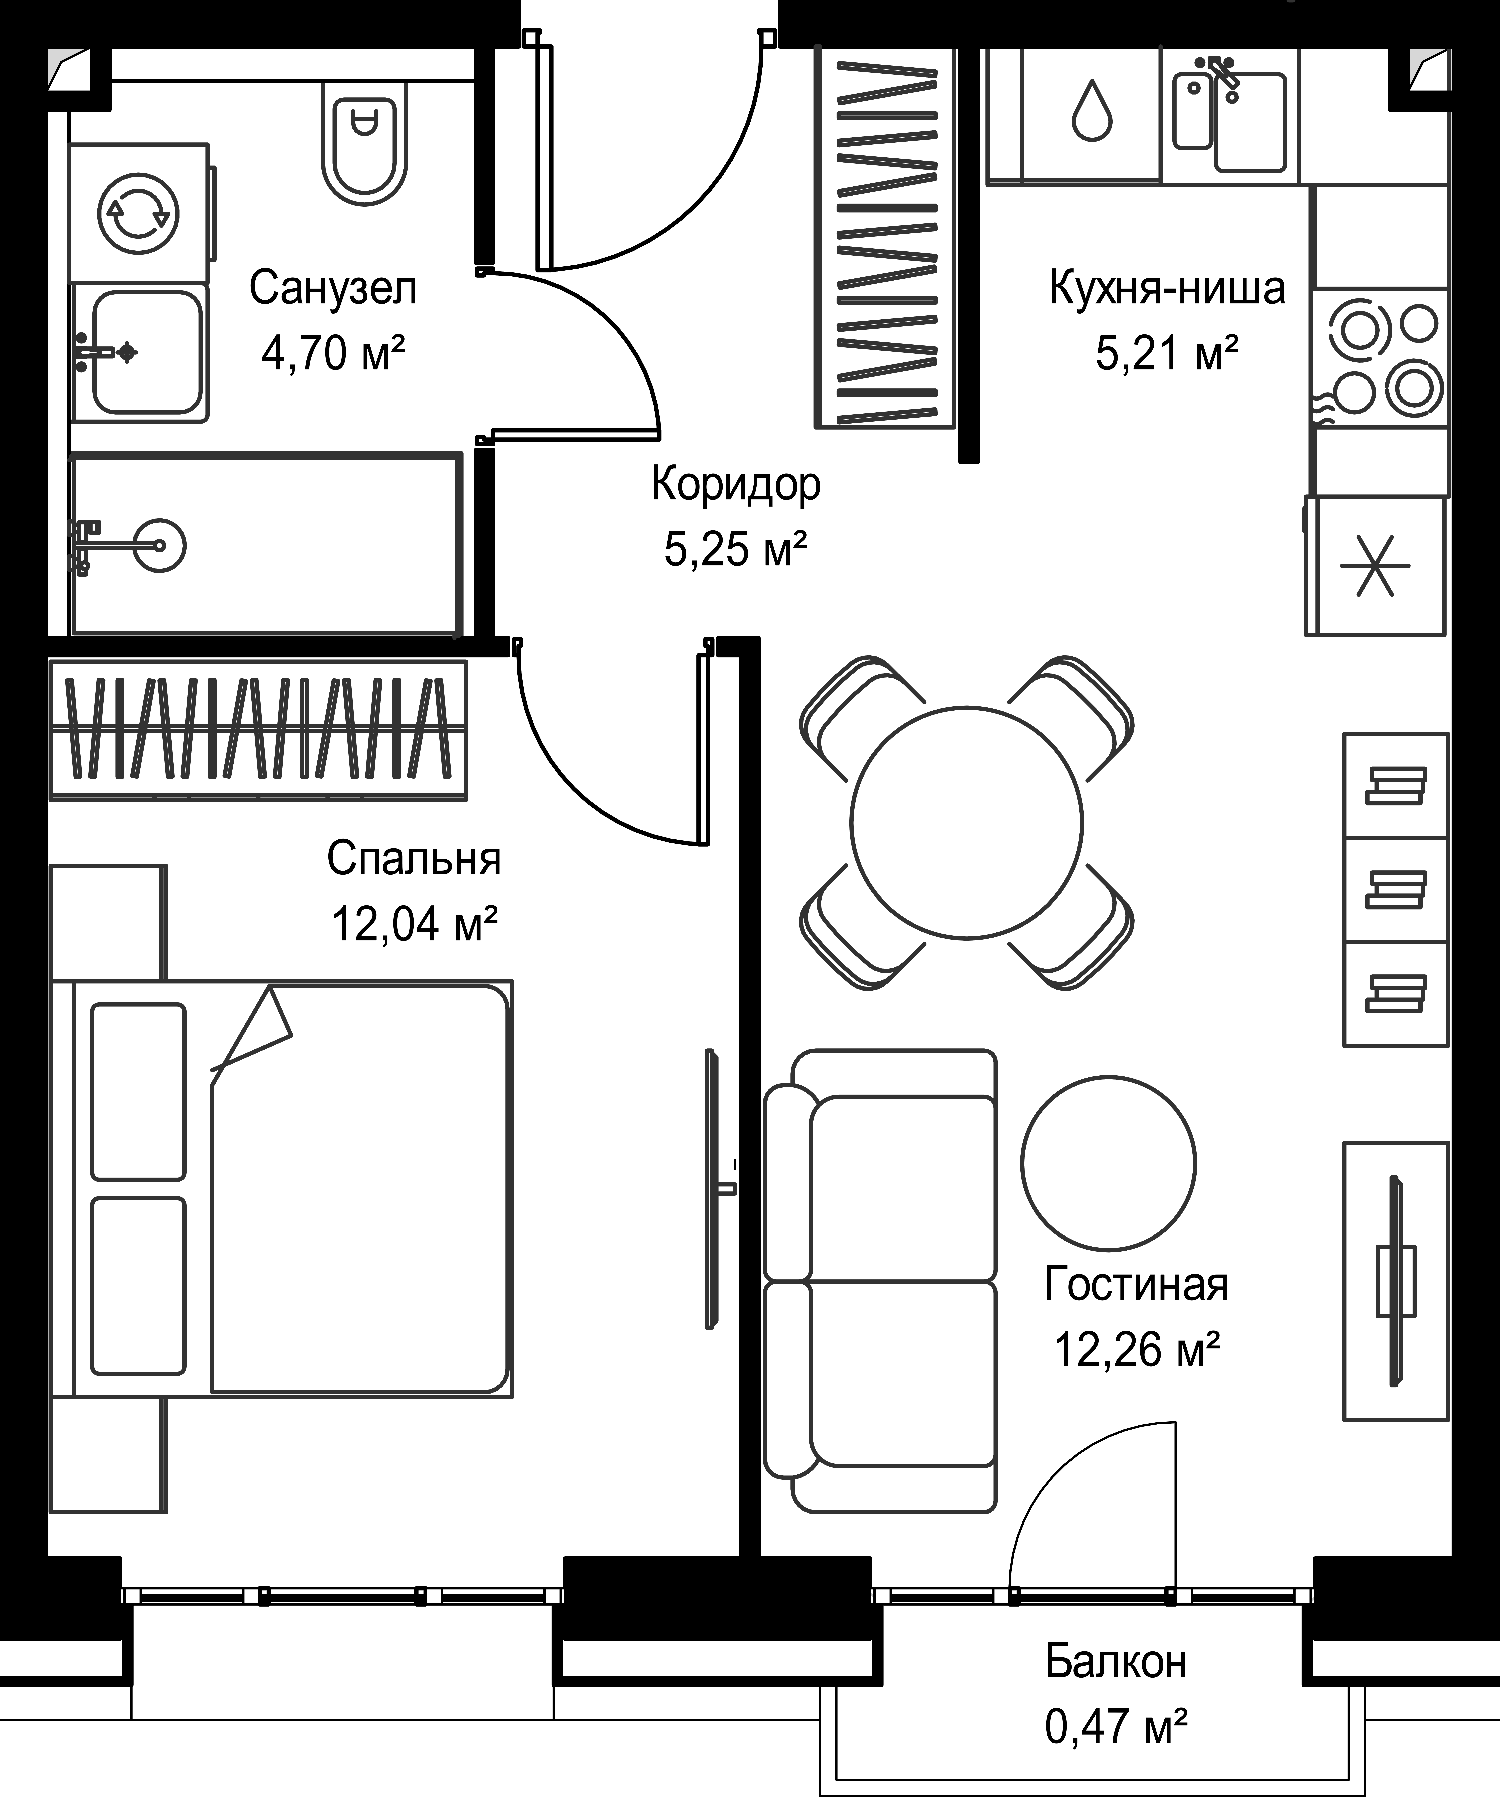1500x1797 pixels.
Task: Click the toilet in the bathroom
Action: click(x=364, y=146)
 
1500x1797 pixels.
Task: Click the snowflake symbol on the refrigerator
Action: click(x=1374, y=566)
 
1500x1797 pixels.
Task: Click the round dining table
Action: click(x=967, y=821)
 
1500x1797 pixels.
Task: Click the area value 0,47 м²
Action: click(x=1116, y=1726)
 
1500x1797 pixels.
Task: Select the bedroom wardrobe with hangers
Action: click(x=258, y=729)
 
